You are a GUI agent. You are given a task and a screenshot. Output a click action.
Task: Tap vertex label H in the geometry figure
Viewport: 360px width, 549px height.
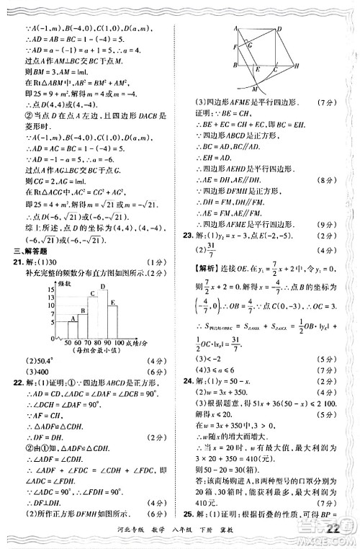click(x=296, y=65)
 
